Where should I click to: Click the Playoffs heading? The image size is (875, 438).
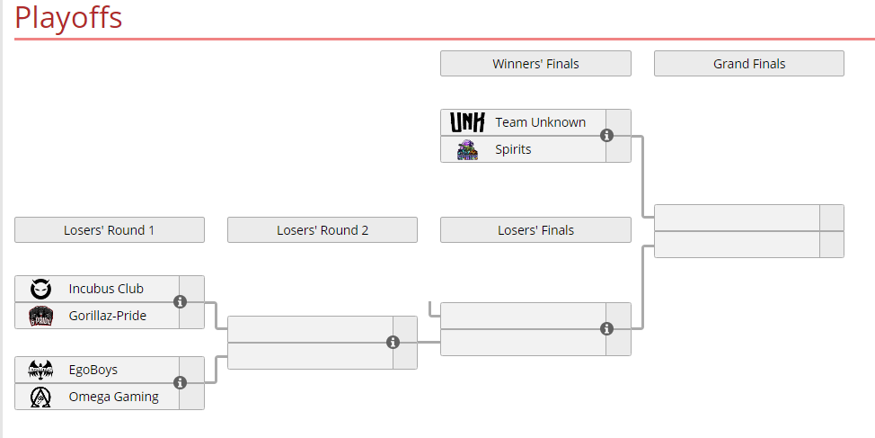click(x=68, y=17)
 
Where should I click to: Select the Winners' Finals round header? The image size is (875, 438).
click(x=535, y=64)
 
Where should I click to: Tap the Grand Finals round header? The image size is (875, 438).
click(x=749, y=64)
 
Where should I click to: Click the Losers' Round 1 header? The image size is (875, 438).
click(x=110, y=230)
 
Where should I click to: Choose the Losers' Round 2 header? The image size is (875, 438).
click(x=323, y=230)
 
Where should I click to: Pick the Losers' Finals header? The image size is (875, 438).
click(x=535, y=230)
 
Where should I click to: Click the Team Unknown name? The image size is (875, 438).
click(x=540, y=122)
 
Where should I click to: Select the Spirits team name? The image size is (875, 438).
click(x=513, y=149)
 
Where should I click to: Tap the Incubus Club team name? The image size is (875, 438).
click(x=106, y=289)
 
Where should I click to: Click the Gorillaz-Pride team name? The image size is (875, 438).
click(x=108, y=316)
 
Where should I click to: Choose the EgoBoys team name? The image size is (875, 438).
click(x=93, y=370)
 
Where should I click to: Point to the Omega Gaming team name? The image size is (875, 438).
click(x=114, y=397)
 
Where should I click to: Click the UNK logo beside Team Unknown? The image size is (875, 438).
click(x=467, y=122)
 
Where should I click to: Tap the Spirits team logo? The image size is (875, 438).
click(x=468, y=149)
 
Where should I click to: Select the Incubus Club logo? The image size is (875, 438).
click(x=40, y=289)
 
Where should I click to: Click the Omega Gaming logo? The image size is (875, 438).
click(x=40, y=398)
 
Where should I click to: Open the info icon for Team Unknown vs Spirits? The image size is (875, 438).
click(x=606, y=135)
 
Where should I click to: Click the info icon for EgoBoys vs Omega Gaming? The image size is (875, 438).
click(x=180, y=383)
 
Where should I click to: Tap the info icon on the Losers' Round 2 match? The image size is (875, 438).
click(x=393, y=343)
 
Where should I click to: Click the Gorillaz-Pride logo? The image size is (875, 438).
click(x=40, y=317)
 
